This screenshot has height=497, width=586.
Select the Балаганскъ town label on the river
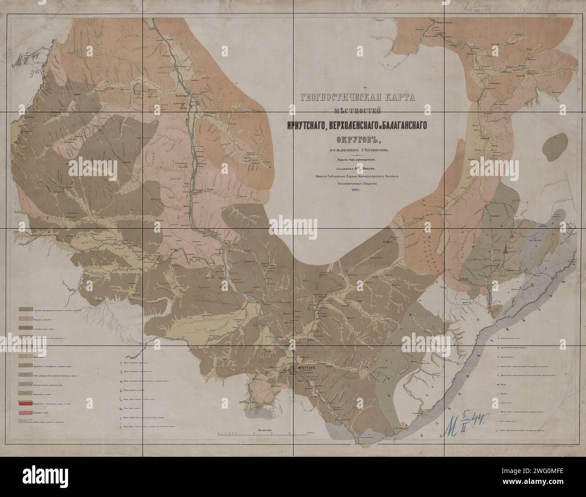click(183, 96)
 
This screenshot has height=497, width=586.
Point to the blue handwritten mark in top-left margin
click(27, 59)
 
